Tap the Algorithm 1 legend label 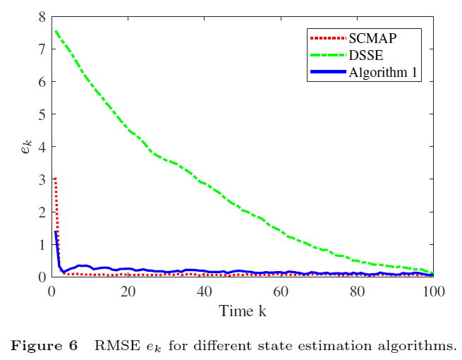click(384, 72)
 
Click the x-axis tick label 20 click(127, 291)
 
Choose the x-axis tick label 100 click(432, 291)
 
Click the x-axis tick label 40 click(204, 291)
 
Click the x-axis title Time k click(242, 310)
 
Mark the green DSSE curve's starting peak click(55, 30)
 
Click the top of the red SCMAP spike click(55, 179)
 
